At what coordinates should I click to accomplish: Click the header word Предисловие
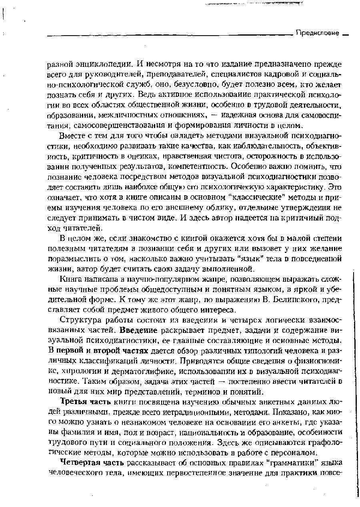click(318, 33)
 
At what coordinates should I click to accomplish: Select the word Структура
click(78, 321)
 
